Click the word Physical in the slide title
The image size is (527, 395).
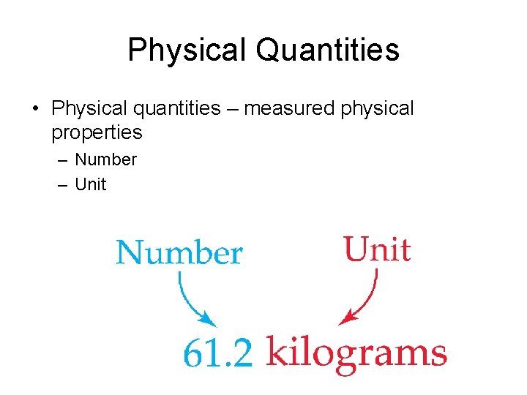[x=187, y=50]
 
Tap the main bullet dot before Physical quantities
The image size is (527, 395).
[x=35, y=109]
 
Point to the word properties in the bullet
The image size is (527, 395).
[x=97, y=132]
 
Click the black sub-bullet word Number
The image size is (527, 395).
[x=106, y=159]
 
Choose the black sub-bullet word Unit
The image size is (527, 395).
[x=91, y=184]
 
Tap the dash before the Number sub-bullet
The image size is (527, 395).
[x=62, y=159]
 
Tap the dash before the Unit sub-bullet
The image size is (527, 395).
[x=62, y=184]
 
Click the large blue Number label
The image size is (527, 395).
[x=179, y=253]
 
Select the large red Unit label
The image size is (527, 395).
[x=377, y=249]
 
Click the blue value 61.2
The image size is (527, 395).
[x=217, y=355]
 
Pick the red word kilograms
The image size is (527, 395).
[x=356, y=353]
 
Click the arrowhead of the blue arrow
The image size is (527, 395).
[x=209, y=320]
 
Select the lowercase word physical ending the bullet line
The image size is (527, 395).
[x=378, y=109]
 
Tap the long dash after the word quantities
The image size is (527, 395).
[x=233, y=109]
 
